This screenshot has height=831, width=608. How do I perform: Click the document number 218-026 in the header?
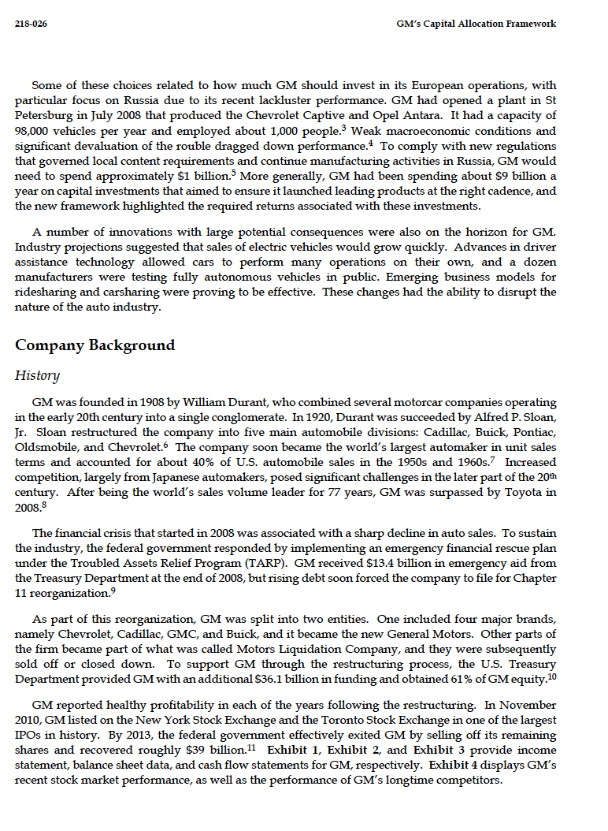point(31,24)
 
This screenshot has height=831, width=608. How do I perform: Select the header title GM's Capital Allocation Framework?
point(476,24)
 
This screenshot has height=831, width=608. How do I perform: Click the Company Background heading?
point(95,345)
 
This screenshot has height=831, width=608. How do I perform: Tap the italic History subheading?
point(37,376)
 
